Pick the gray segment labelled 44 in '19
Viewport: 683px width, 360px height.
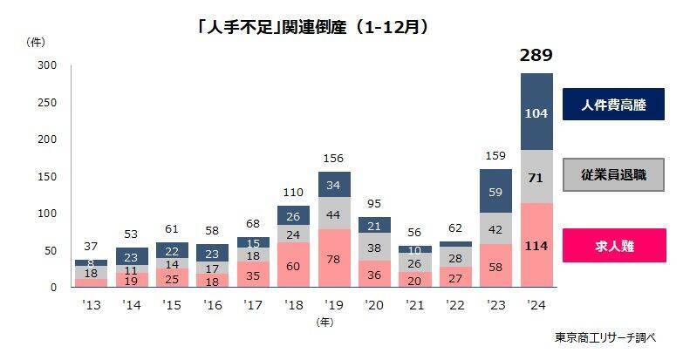point(332,214)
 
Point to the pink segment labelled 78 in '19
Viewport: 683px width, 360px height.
point(332,259)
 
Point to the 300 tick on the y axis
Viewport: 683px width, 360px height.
point(47,65)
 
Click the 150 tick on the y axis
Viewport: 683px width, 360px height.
point(47,177)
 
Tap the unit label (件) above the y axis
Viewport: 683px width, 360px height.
point(37,41)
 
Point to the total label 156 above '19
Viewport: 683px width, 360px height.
point(332,159)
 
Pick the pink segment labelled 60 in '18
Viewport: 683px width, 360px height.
point(292,266)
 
